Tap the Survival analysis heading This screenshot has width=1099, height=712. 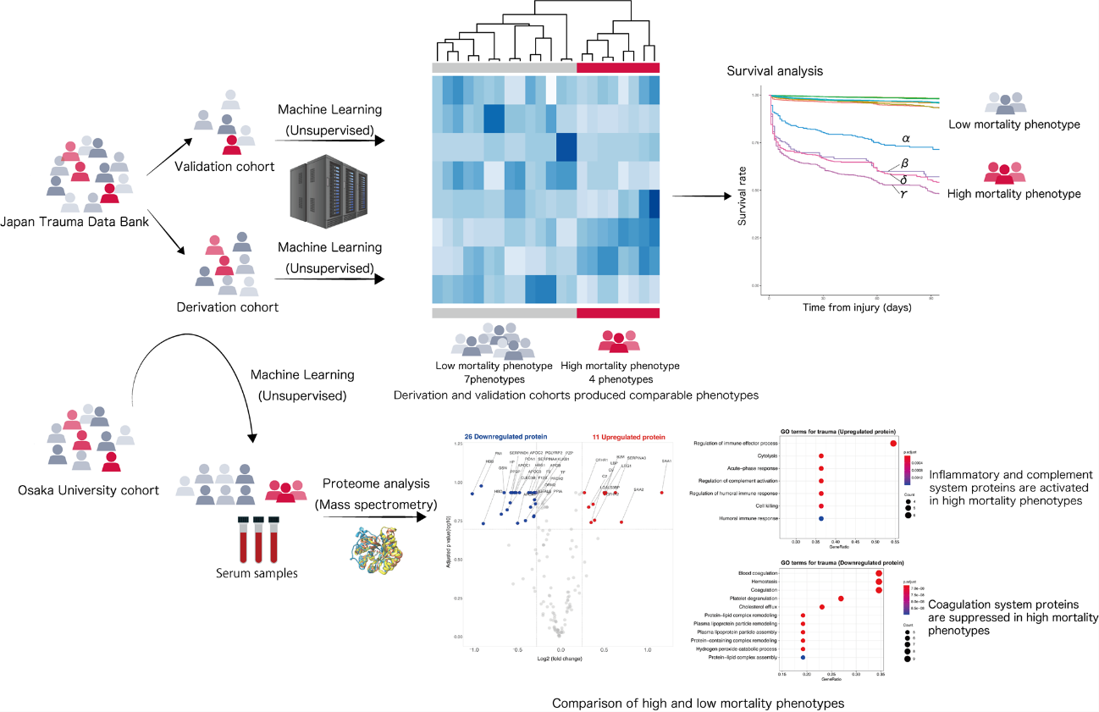click(x=774, y=71)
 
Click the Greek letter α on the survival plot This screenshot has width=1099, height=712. click(x=905, y=137)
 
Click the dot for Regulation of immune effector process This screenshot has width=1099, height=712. click(x=893, y=443)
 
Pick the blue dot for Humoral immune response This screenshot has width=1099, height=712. click(x=821, y=517)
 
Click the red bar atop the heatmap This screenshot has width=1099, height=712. click(x=617, y=69)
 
